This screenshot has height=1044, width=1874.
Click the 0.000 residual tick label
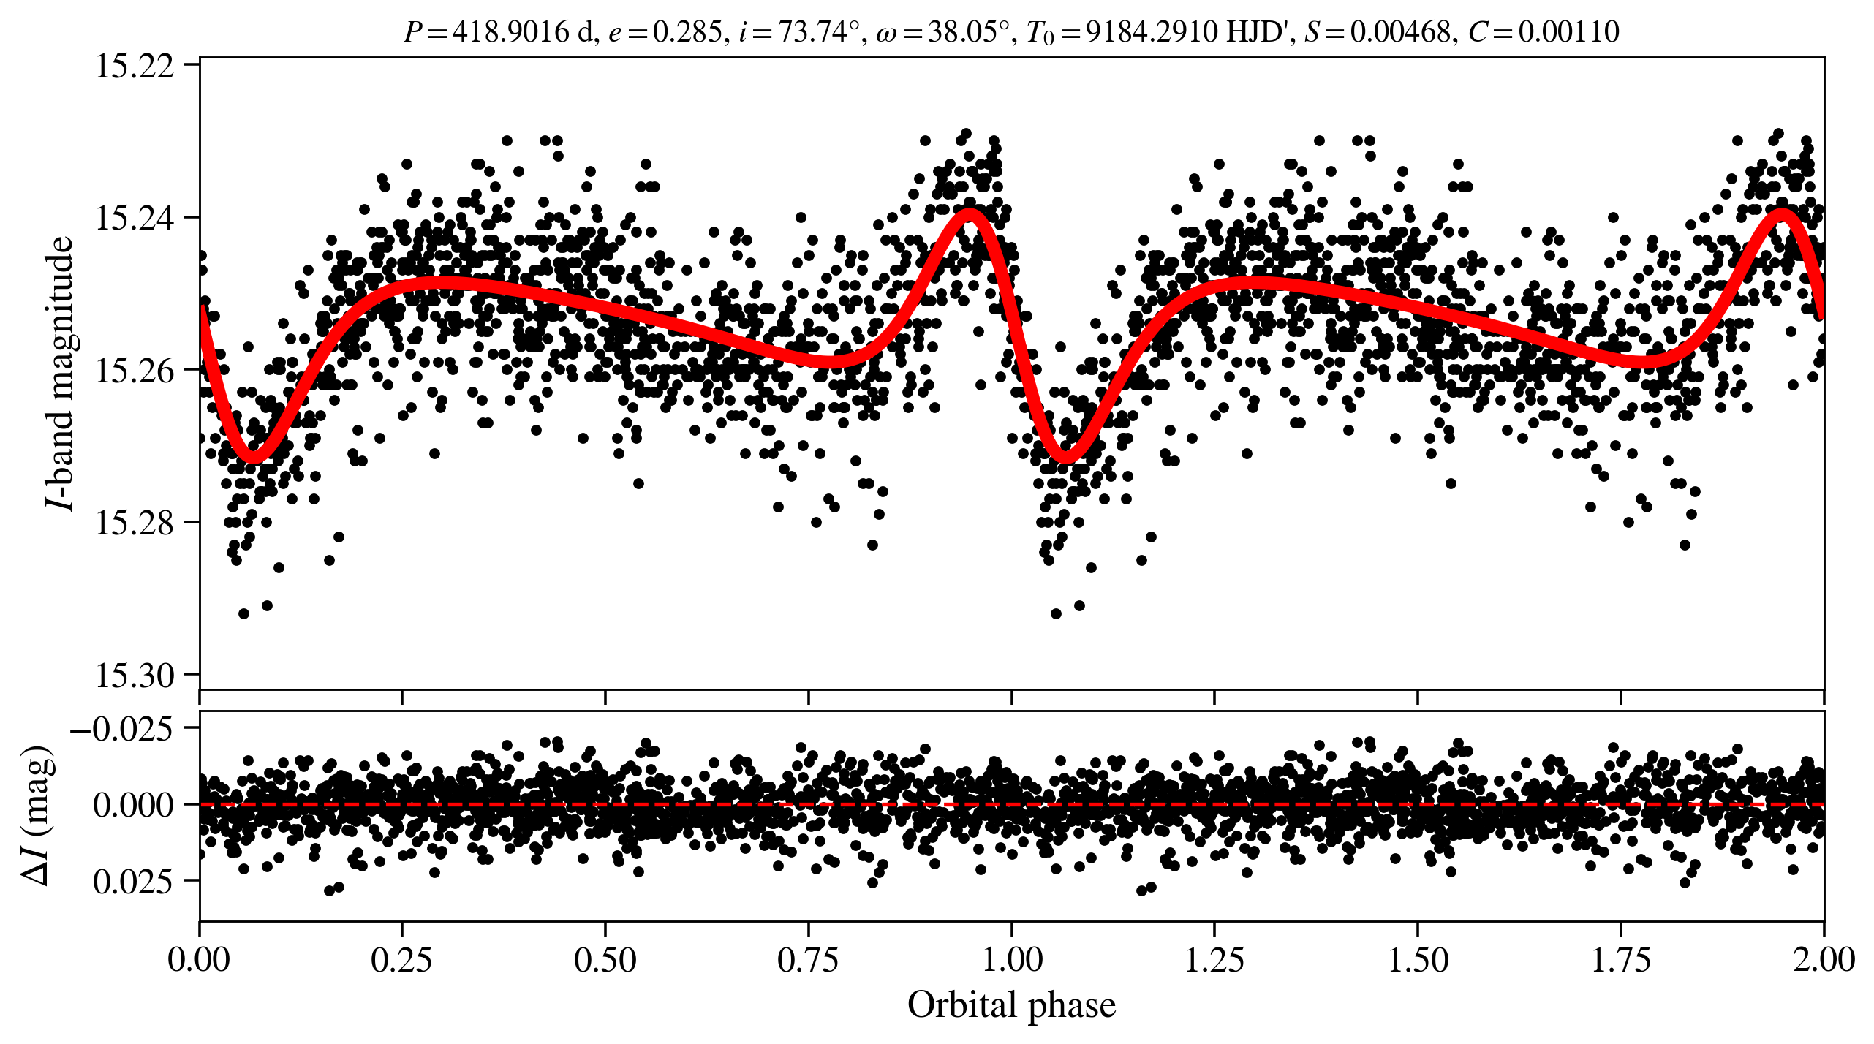click(134, 805)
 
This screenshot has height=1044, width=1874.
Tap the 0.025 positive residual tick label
click(134, 882)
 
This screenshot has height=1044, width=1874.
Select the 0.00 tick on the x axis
click(200, 958)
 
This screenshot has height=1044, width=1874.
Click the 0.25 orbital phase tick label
click(402, 958)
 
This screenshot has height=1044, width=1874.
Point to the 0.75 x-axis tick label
click(808, 958)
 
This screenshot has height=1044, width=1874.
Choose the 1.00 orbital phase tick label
click(1011, 958)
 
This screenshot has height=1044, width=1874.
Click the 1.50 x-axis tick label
click(1418, 958)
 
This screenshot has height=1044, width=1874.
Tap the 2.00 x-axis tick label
click(1824, 958)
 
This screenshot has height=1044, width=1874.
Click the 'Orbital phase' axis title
click(1011, 1005)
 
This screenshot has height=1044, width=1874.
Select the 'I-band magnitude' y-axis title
click(60, 373)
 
